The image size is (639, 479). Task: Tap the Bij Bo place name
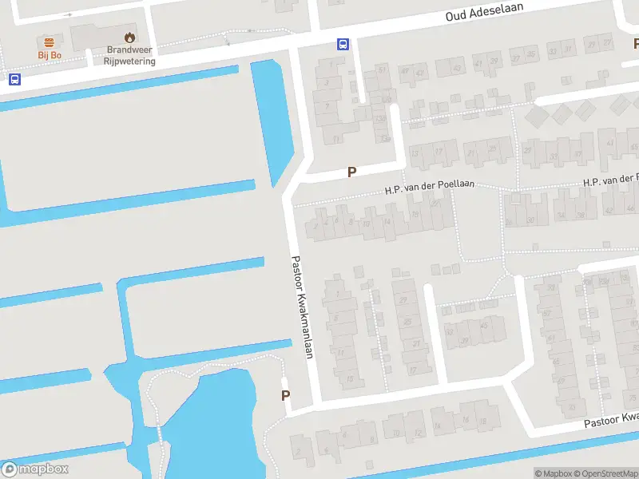50,55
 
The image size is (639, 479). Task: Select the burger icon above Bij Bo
50,42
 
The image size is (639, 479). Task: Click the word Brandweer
129,49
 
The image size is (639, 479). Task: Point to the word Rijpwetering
131,61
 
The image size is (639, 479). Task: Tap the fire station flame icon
129,37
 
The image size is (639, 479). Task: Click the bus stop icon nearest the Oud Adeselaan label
343,44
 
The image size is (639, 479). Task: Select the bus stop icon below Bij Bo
14,79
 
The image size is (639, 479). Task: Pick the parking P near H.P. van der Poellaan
351,172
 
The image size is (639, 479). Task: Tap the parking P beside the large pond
286,395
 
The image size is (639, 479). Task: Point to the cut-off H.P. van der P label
610,181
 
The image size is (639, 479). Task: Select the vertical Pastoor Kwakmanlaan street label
301,307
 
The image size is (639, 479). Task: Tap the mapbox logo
35,469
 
